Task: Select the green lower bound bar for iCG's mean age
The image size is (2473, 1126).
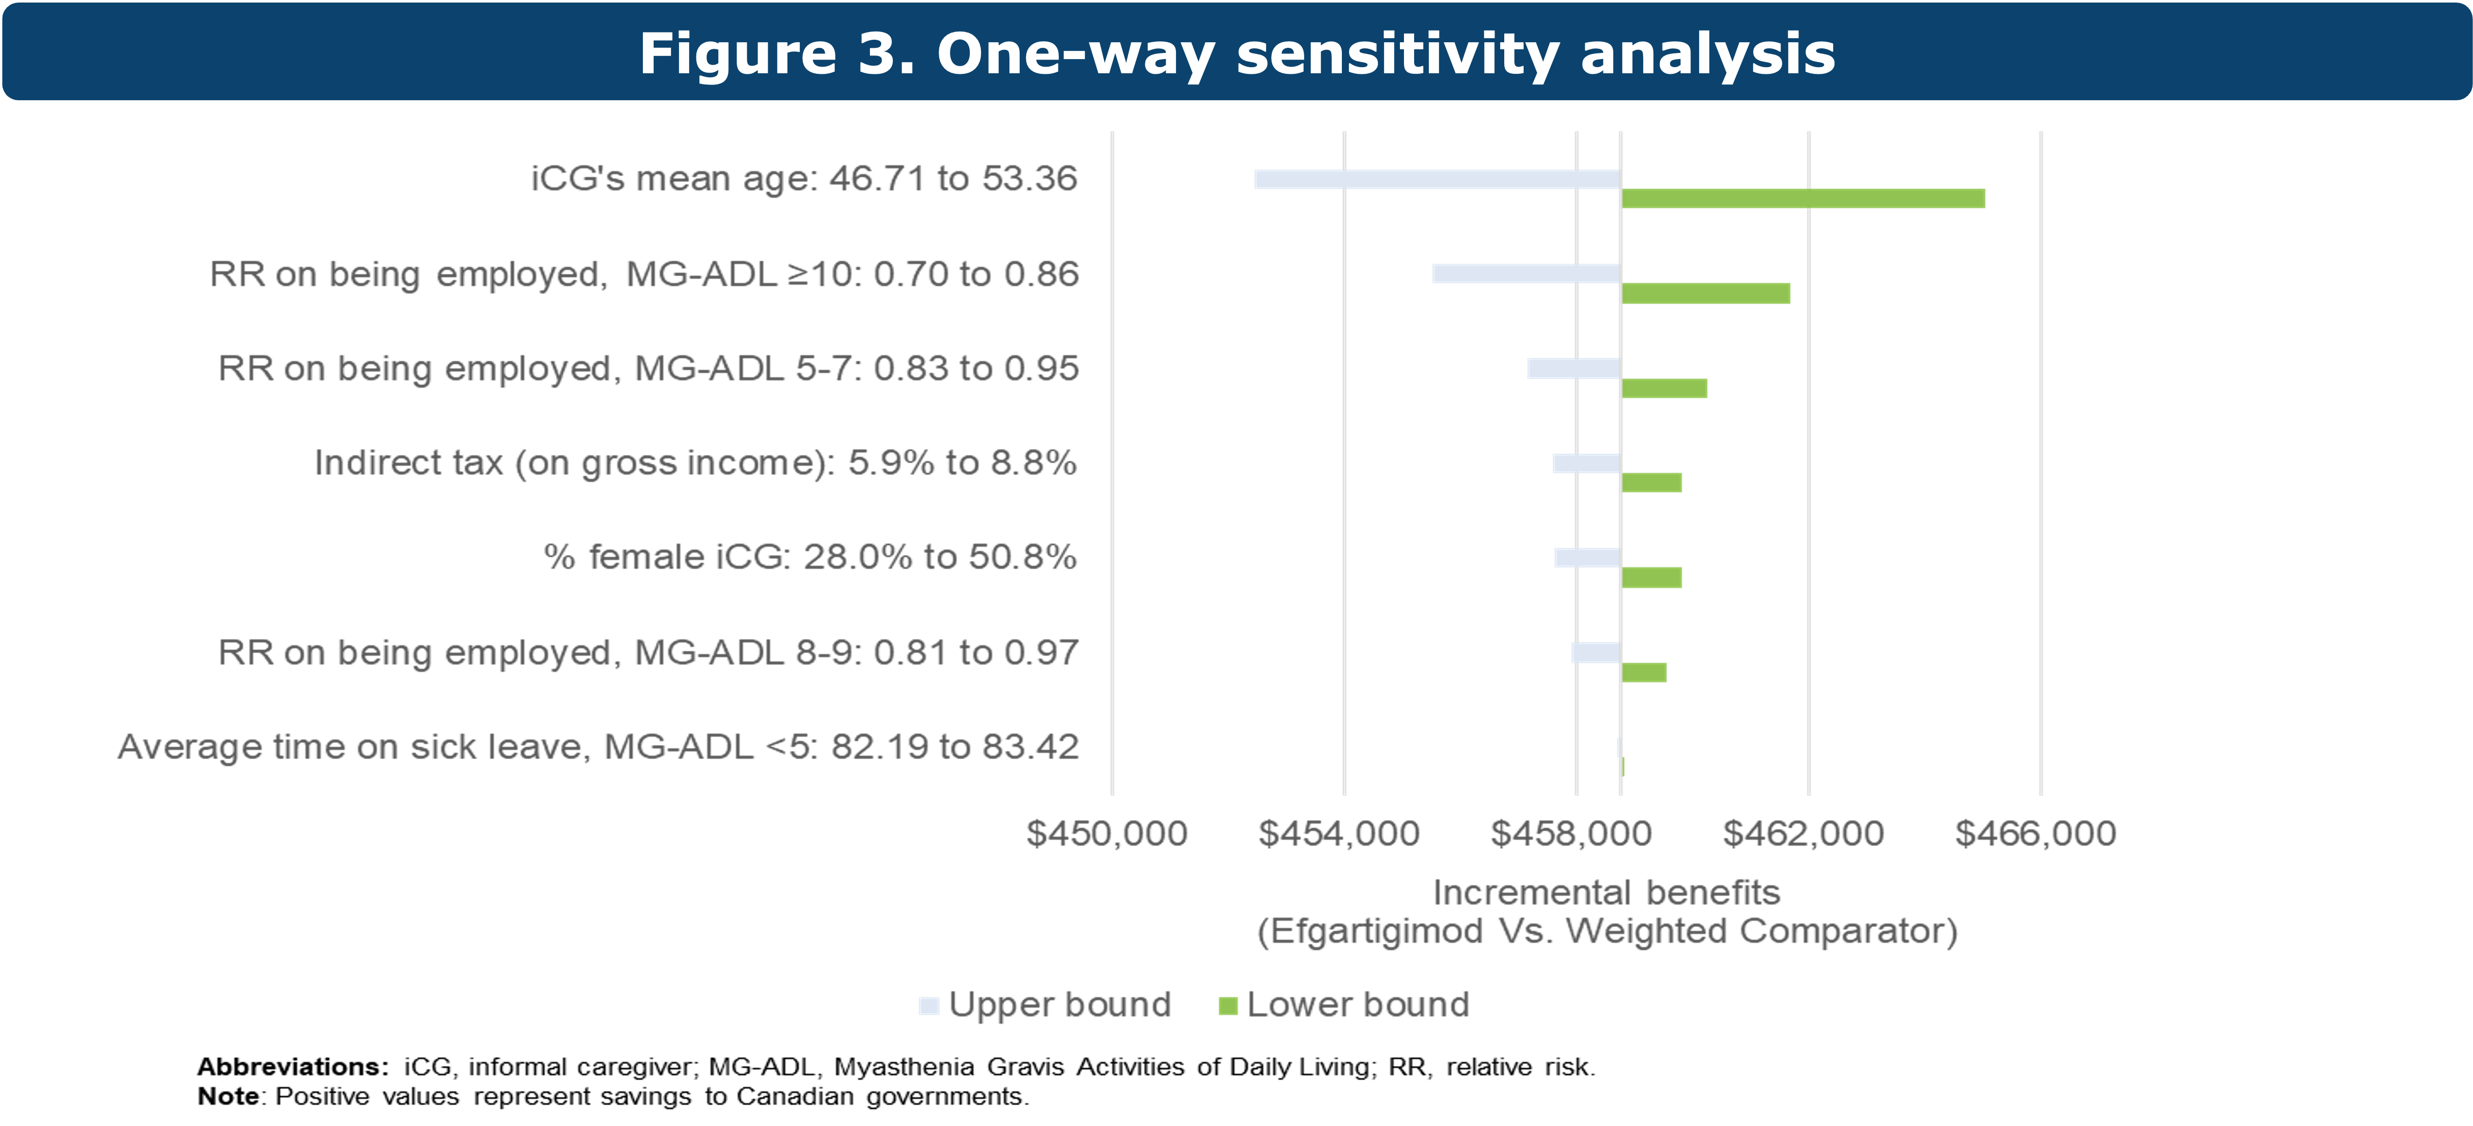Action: point(1803,199)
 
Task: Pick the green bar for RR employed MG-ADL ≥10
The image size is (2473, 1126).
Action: point(1706,294)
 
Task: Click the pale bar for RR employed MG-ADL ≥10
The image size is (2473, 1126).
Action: point(1526,275)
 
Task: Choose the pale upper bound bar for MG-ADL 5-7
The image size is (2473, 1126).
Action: point(1573,368)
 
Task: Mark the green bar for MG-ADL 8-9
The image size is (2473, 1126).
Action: point(1644,672)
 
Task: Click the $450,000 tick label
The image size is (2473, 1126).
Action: point(1107,833)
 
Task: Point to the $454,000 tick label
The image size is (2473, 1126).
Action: point(1339,833)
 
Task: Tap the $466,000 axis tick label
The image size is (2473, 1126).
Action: point(2035,833)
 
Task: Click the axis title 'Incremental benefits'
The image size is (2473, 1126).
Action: point(1606,893)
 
